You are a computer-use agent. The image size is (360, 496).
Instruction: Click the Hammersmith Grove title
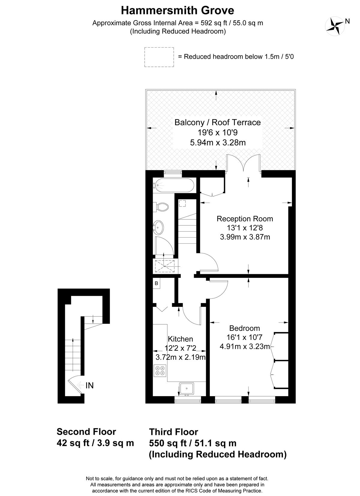point(177,10)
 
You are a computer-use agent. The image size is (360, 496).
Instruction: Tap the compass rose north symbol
point(335,26)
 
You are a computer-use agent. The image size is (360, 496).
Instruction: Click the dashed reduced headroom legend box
point(159,57)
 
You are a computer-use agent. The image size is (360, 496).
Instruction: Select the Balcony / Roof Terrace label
point(217,122)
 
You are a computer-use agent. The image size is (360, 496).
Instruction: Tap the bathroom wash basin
point(158,227)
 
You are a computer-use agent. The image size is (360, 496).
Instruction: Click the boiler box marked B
point(156,283)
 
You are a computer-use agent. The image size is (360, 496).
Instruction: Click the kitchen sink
point(186,389)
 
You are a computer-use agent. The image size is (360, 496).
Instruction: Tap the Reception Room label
point(245,219)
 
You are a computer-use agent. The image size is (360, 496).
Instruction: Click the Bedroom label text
point(244,328)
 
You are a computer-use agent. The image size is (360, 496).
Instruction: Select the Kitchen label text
point(180,339)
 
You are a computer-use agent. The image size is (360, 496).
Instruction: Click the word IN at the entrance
point(90,385)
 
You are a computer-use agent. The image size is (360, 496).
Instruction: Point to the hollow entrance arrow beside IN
point(80,385)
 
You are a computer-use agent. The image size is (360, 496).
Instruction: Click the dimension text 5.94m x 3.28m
point(218,143)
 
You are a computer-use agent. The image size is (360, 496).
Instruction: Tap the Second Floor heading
point(86,432)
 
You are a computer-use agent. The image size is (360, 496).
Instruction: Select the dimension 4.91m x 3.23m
point(245,346)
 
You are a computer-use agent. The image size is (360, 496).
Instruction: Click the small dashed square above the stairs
point(182,203)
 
